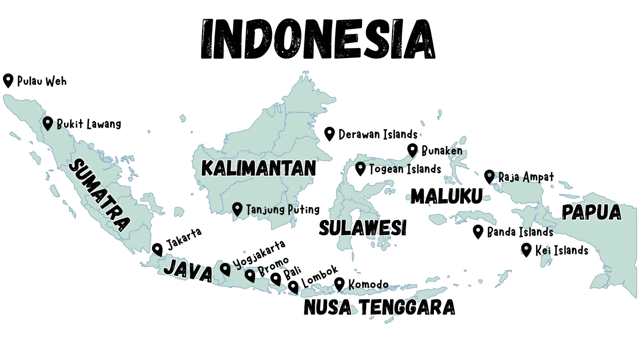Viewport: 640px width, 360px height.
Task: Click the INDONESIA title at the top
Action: pos(318,39)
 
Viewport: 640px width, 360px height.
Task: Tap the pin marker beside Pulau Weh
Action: pos(8,80)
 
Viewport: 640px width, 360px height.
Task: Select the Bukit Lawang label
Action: pos(89,124)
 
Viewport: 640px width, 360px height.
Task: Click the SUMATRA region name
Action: pos(99,195)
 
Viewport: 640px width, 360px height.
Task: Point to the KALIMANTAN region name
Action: pos(258,168)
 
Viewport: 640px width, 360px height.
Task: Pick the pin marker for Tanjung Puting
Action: pos(237,209)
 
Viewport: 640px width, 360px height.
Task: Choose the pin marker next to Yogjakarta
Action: pos(225,269)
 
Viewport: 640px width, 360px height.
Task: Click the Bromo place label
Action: pos(273,267)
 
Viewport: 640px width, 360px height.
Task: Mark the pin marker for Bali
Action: pos(276,278)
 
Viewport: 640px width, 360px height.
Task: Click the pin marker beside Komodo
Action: pos(339,284)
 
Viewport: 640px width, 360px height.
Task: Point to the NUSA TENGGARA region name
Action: pos(379,307)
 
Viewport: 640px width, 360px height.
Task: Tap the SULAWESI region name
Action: pos(362,228)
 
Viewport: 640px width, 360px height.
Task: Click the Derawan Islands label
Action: pos(378,134)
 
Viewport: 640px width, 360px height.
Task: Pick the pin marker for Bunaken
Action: pos(412,150)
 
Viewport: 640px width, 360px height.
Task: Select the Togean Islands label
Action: pos(405,169)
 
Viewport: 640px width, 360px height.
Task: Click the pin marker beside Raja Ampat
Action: pos(489,176)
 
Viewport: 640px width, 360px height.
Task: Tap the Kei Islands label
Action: pos(562,250)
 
